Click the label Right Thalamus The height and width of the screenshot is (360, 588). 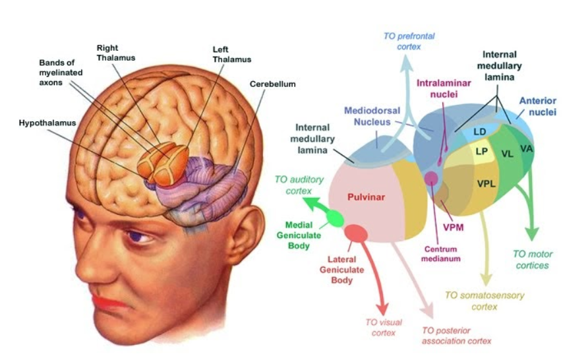pos(115,53)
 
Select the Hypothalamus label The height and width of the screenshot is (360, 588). pos(47,123)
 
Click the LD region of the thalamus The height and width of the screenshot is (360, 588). pos(480,132)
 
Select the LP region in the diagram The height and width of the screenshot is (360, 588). pos(482,152)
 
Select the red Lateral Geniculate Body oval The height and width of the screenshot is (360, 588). pos(356,233)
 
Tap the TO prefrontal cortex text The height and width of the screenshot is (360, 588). pos(409,42)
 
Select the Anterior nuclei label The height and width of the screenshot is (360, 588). pos(538,107)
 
